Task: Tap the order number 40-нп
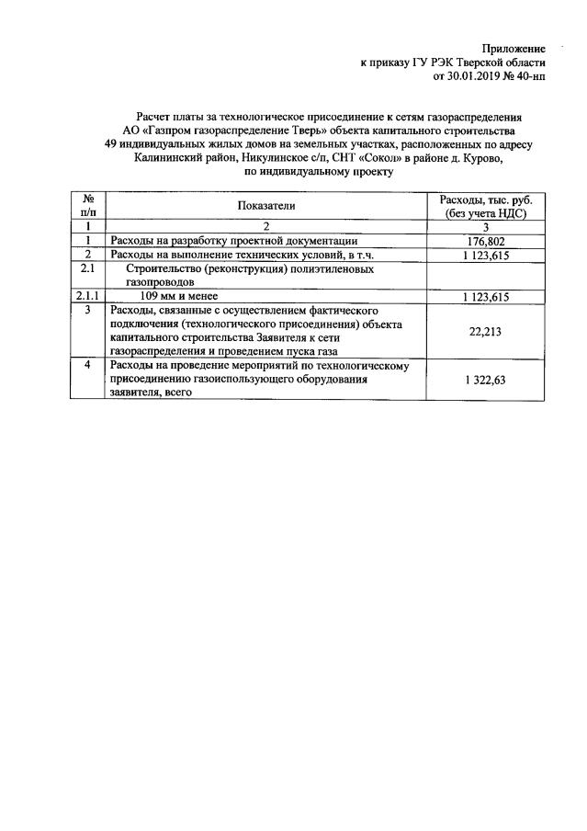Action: tap(529, 77)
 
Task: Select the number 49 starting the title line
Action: tap(111, 144)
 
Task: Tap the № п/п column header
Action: tap(89, 205)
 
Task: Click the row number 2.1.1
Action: tap(88, 296)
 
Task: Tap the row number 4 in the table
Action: tap(88, 365)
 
